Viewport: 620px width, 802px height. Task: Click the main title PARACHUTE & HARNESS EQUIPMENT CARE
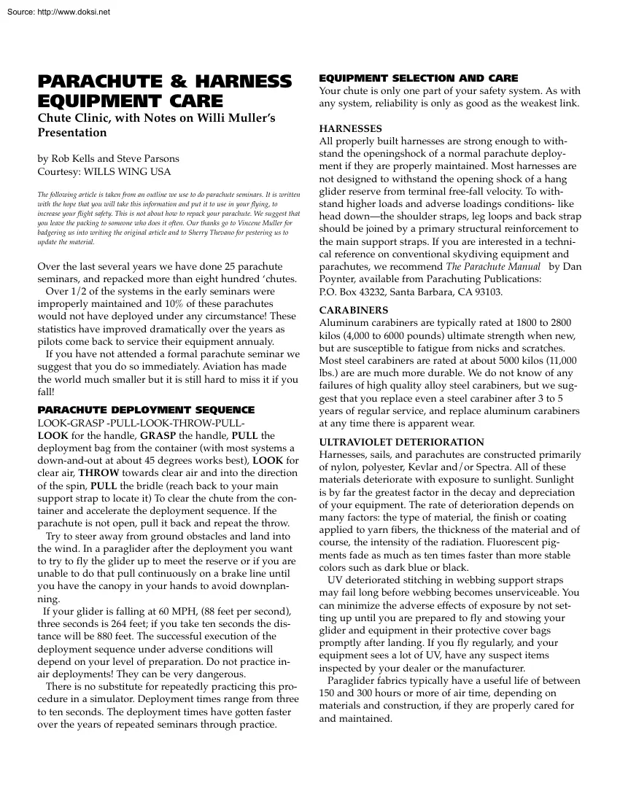tap(164, 90)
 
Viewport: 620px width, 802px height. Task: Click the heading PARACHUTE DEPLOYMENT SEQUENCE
tap(146, 410)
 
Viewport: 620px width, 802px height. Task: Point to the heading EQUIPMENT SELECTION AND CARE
tap(419, 78)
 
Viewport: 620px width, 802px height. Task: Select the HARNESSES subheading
tap(350, 128)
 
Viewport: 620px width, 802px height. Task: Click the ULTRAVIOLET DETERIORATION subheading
tap(401, 442)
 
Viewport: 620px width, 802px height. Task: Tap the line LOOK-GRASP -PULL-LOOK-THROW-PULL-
tap(141, 423)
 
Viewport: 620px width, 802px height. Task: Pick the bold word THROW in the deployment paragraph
tap(99, 472)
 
